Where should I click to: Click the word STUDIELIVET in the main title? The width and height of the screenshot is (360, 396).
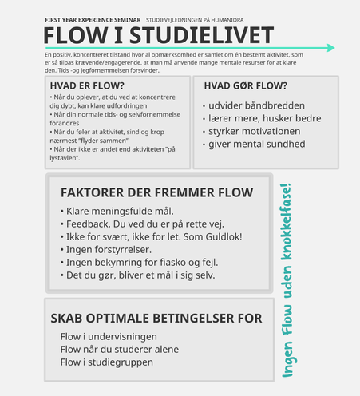point(201,35)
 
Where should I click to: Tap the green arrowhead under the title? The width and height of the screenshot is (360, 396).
point(330,48)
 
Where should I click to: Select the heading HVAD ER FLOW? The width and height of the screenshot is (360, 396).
point(87,85)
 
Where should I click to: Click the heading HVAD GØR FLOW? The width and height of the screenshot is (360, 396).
point(246,85)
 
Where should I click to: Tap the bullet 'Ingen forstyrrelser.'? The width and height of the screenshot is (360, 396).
point(106,250)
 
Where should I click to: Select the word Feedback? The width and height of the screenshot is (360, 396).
point(89,224)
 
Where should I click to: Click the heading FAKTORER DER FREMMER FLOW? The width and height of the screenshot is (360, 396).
point(157,192)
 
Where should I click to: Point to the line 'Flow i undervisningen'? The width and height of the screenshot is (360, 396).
point(109,336)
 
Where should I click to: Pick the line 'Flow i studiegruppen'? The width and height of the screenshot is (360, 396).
point(107,362)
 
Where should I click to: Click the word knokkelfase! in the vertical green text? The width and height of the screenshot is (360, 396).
point(287,221)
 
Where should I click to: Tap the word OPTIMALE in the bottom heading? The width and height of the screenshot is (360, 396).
point(118,319)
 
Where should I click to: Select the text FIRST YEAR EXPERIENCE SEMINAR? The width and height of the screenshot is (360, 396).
point(93,20)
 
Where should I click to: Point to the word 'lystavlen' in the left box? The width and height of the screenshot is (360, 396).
point(64,158)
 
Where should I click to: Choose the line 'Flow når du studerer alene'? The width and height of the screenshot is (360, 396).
point(120,350)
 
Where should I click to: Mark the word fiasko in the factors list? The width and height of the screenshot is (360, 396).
point(173,263)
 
